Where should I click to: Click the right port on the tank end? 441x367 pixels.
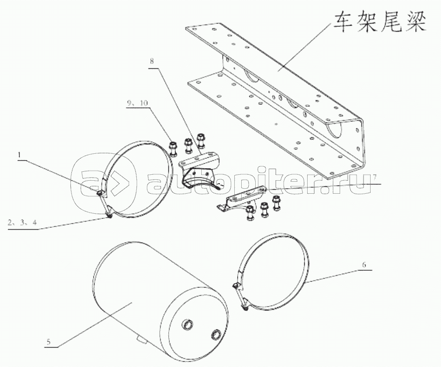217,334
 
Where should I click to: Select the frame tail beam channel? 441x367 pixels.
280,100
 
